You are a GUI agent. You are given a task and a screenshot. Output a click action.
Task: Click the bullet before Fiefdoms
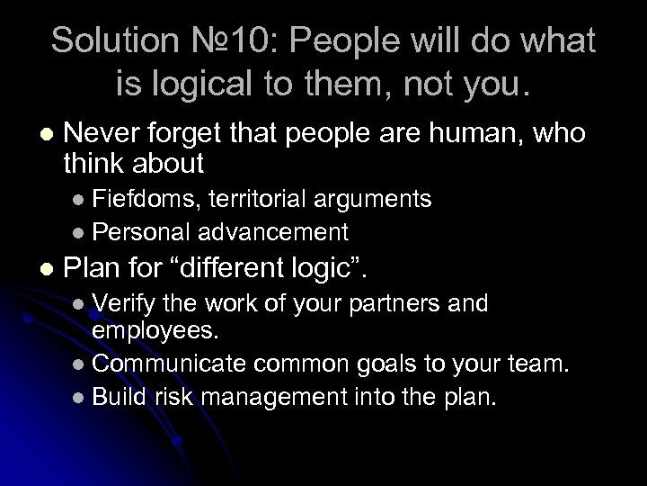78,197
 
